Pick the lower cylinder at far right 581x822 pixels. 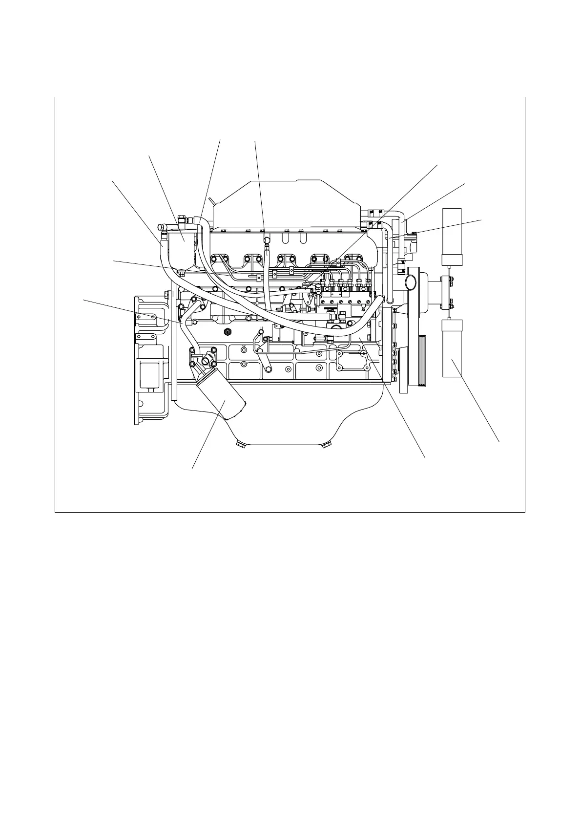pos(452,348)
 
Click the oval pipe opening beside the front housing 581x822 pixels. pos(410,282)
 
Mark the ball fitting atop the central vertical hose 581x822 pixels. pos(267,240)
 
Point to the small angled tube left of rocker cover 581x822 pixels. pos(211,201)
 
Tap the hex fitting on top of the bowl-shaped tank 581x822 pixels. pos(181,219)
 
